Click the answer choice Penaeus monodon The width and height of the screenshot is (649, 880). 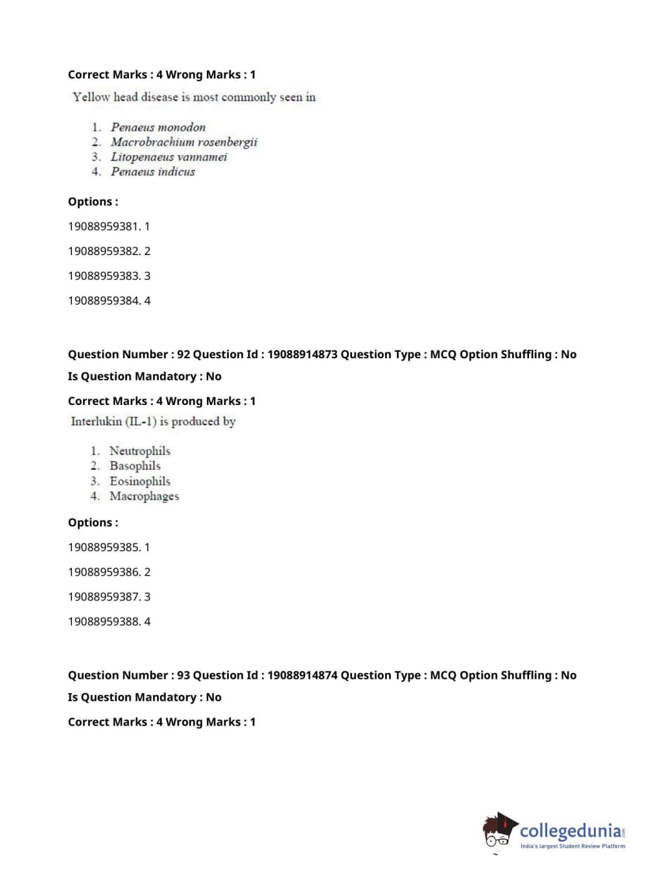158,127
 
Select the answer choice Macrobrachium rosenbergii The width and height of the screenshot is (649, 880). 183,142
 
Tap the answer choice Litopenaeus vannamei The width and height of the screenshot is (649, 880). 169,157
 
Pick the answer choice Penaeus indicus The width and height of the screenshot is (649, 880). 152,172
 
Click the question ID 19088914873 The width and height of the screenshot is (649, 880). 302,354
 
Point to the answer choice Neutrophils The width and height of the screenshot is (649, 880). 139,451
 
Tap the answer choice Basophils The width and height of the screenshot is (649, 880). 135,466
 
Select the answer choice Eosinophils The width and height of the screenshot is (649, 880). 139,482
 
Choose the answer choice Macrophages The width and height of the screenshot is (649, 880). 144,496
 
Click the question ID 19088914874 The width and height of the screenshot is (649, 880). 302,675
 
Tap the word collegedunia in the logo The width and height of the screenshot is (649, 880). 570,831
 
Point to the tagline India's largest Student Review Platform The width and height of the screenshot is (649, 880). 572,846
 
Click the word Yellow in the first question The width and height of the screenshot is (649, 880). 91,97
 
